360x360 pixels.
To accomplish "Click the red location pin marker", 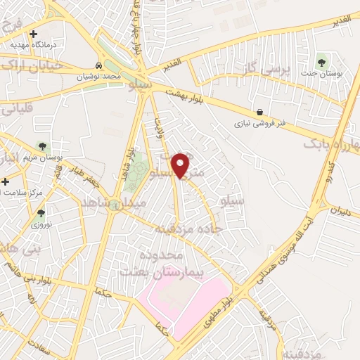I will (181, 165).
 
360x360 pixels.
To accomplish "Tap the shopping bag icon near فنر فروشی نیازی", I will (260, 112).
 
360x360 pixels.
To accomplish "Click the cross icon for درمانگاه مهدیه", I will (33, 34).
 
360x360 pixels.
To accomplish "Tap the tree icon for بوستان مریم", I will (43, 146).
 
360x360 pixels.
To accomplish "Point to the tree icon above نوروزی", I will (41, 213).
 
